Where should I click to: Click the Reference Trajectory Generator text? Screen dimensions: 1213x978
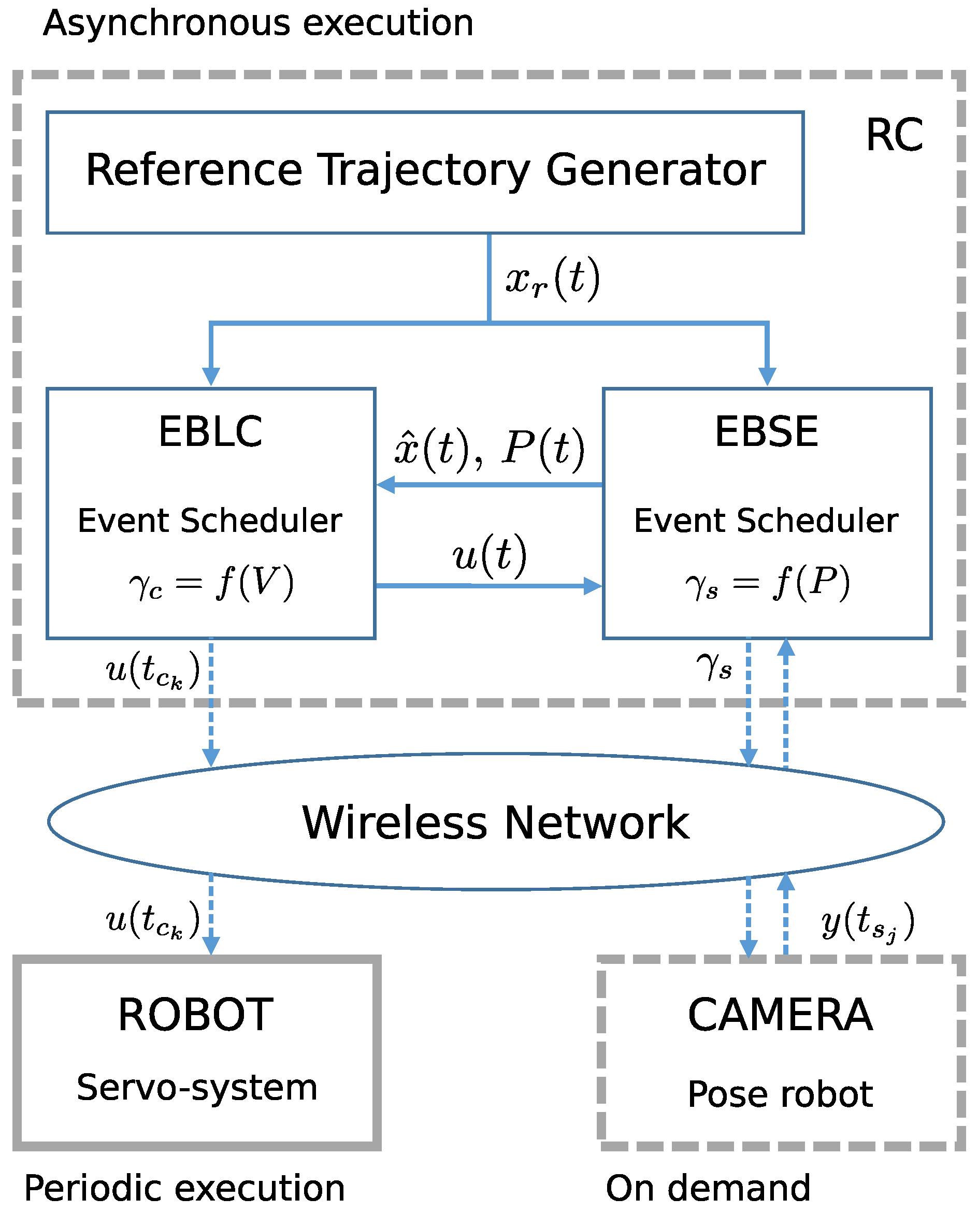pyautogui.click(x=425, y=170)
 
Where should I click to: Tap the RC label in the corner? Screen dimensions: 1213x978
pyautogui.click(x=894, y=136)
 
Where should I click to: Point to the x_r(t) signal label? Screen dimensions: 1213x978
pyautogui.click(x=552, y=279)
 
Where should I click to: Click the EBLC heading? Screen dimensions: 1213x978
pyautogui.click(x=211, y=432)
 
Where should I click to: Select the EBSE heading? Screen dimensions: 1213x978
pyautogui.click(x=766, y=432)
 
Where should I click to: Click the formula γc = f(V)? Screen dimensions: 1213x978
pyautogui.click(x=211, y=583)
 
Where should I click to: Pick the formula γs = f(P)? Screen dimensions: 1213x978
pyautogui.click(x=767, y=583)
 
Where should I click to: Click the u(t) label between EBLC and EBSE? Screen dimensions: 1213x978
pyautogui.click(x=490, y=556)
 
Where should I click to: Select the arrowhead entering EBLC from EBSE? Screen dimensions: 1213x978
pyautogui.click(x=386, y=484)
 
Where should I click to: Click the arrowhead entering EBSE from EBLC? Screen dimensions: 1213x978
pyautogui.click(x=593, y=586)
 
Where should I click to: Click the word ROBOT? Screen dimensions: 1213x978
pyautogui.click(x=195, y=1015)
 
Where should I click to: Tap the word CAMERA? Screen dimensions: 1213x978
pyautogui.click(x=780, y=1015)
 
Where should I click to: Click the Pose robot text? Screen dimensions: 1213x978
pyautogui.click(x=780, y=1094)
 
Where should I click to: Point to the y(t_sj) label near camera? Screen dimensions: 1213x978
pyautogui.click(x=867, y=922)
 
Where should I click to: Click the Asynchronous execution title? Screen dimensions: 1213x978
pyautogui.click(x=258, y=24)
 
